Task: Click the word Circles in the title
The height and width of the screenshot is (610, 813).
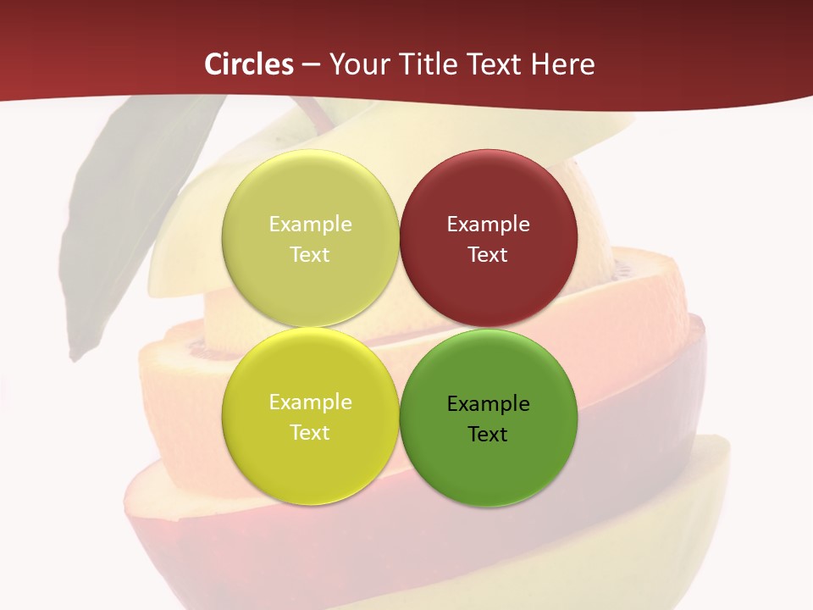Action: (248, 64)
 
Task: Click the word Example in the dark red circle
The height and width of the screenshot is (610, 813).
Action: (488, 225)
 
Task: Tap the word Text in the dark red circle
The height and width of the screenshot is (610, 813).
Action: (488, 255)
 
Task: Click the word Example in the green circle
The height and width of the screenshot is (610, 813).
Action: (488, 404)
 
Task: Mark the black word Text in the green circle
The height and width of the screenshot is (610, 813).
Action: (488, 435)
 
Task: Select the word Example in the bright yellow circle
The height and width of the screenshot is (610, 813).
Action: (310, 402)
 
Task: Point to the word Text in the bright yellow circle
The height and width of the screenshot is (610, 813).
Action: (310, 433)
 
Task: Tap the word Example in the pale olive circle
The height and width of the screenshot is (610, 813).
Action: (310, 225)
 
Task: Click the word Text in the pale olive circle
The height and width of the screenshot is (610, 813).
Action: (310, 255)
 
